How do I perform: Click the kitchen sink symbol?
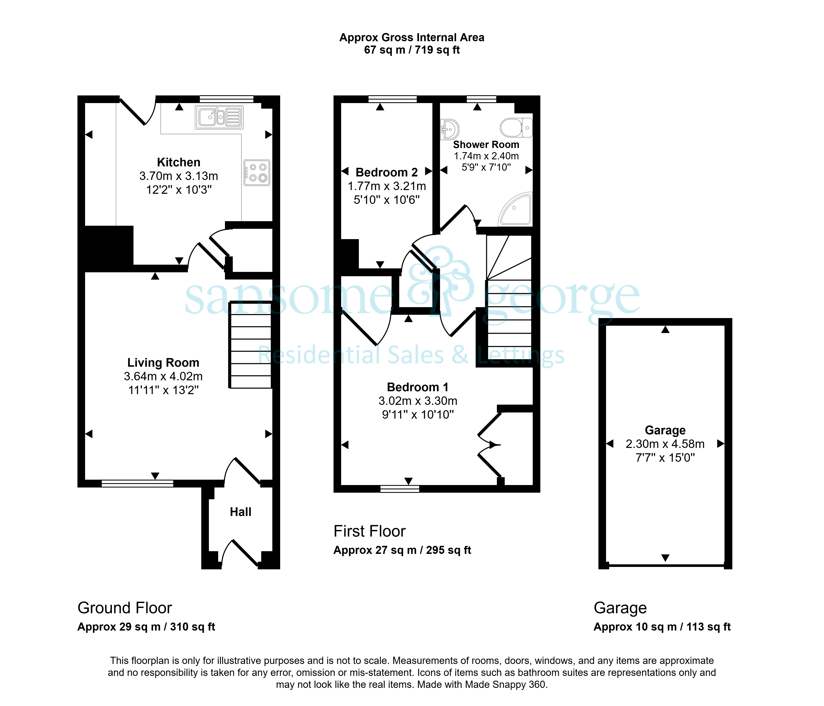tap(219, 117)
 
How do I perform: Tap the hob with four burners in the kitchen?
tap(257, 173)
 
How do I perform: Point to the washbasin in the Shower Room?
tap(450, 129)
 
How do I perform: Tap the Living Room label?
tap(163, 363)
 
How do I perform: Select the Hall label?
tap(241, 512)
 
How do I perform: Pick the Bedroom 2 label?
tap(386, 172)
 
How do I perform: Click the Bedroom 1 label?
tap(418, 387)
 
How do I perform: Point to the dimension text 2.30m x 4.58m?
tap(665, 444)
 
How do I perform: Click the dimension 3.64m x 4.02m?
tap(163, 376)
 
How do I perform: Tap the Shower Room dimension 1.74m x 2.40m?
tap(486, 156)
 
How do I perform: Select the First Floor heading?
tap(369, 531)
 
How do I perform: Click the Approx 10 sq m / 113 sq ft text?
tap(662, 627)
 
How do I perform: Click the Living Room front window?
tap(138, 484)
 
